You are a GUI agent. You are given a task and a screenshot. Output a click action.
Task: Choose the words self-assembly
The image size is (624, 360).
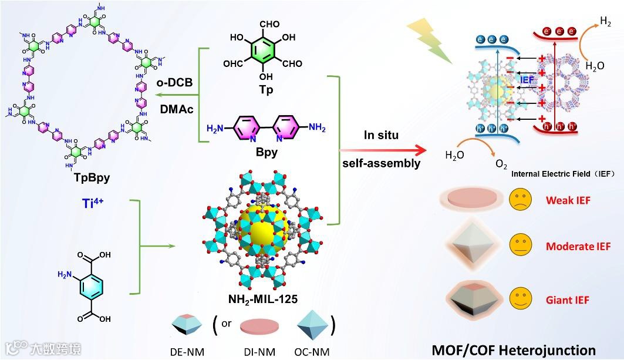pyautogui.click(x=382, y=163)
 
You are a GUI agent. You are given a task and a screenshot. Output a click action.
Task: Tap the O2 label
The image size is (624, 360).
pyautogui.click(x=501, y=165)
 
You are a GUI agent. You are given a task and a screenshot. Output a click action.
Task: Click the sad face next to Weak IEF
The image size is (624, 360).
pyautogui.click(x=520, y=200)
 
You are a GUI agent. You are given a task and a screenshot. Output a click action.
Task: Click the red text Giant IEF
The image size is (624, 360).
pyautogui.click(x=568, y=300)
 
